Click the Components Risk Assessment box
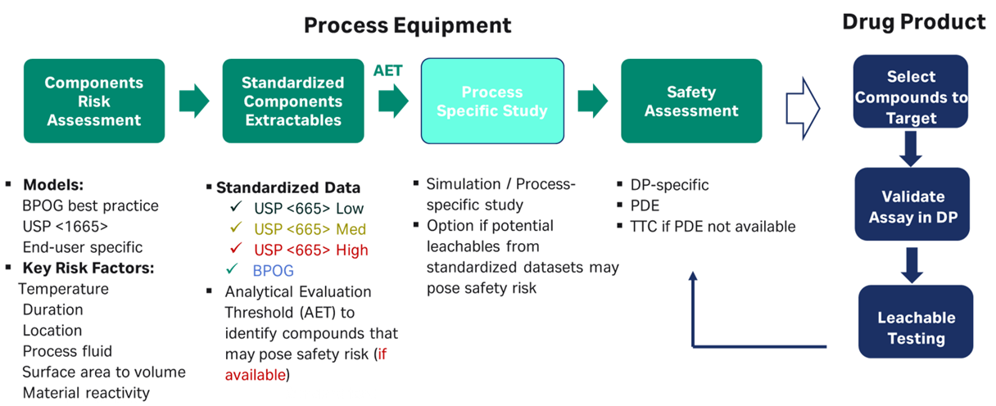click(x=94, y=101)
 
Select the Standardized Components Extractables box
click(x=293, y=101)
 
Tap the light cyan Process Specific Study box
click(x=492, y=101)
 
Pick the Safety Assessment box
click(x=691, y=101)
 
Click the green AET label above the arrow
click(x=388, y=70)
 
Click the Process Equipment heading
click(x=407, y=25)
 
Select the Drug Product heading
click(x=913, y=22)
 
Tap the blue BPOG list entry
click(x=274, y=270)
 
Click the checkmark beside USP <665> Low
click(x=236, y=208)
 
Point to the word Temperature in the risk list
click(x=63, y=289)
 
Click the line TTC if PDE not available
click(x=712, y=227)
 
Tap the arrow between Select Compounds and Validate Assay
click(x=910, y=148)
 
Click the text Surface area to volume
click(x=103, y=372)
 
